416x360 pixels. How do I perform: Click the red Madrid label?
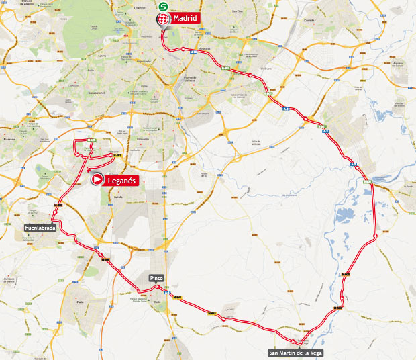point(185,18)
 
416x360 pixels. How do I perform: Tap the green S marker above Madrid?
point(163,5)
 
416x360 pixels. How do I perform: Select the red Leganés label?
point(121,179)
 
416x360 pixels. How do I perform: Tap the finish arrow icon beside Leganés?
point(97,179)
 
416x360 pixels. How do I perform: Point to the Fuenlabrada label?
point(40,228)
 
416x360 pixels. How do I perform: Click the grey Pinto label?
point(156,278)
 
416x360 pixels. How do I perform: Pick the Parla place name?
point(81,302)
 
